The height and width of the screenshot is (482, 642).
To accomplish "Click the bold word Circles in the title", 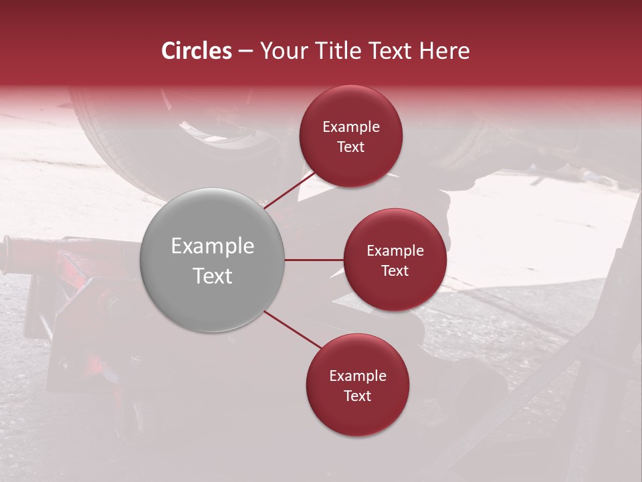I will pos(196,51).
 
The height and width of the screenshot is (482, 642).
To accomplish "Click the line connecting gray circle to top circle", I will pos(289,189).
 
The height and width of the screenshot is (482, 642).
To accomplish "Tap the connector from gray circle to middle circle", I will pos(314,260).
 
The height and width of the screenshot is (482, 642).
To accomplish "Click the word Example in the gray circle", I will pos(212,246).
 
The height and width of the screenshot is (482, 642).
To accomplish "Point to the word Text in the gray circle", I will pos(212,276).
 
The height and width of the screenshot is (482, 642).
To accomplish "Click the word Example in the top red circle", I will pos(350,127).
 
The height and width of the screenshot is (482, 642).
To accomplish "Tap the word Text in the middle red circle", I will pos(395,270).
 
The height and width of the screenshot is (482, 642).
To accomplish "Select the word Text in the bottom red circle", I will pos(357,396).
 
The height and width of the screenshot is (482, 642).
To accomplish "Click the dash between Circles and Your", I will pos(245,51).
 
